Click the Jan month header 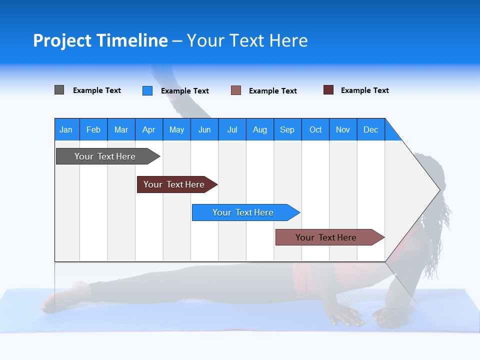click(x=66, y=129)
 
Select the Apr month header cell click(x=148, y=129)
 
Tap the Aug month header click(x=259, y=129)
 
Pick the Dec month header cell click(x=370, y=129)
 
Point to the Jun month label click(x=204, y=129)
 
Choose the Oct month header click(x=315, y=129)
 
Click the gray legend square click(x=59, y=90)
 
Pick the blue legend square click(x=147, y=90)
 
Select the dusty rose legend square click(x=236, y=90)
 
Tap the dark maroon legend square click(x=328, y=90)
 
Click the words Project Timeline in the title click(x=100, y=40)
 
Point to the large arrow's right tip click(x=438, y=189)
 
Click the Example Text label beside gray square click(x=96, y=90)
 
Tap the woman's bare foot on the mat click(x=60, y=297)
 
